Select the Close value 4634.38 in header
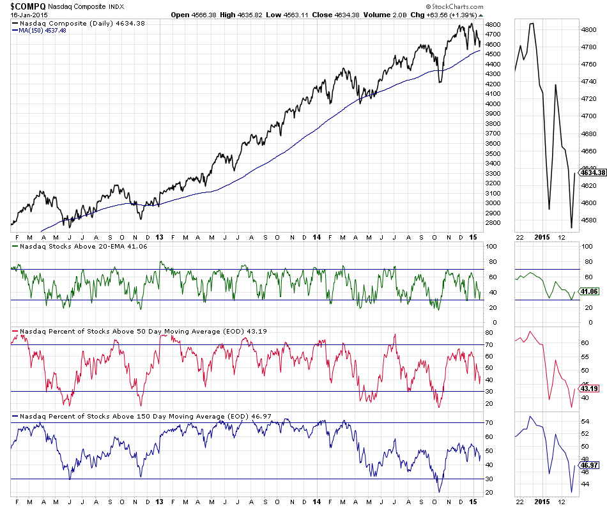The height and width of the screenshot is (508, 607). tap(355, 14)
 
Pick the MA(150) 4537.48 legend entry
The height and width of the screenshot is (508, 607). tap(43, 30)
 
